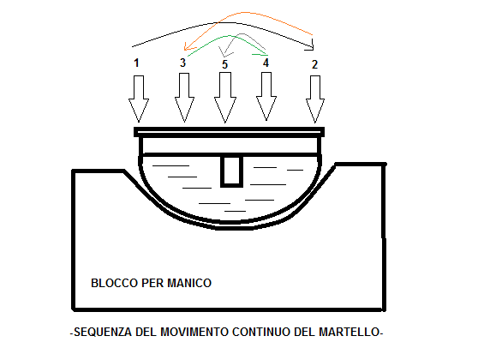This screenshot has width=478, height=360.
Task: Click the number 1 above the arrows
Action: click(x=136, y=63)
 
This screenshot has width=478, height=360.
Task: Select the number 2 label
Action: click(x=315, y=64)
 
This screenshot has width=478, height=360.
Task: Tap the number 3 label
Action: click(x=182, y=63)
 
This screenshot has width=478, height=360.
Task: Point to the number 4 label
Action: click(x=266, y=63)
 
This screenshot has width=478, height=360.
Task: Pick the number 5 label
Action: click(x=224, y=64)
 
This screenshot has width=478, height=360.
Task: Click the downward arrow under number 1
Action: click(x=139, y=99)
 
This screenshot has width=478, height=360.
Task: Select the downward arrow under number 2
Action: click(x=315, y=99)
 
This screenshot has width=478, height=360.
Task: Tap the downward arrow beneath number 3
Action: click(x=184, y=98)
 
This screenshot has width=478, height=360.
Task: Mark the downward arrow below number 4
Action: click(x=266, y=96)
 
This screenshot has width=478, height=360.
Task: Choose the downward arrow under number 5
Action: click(x=225, y=98)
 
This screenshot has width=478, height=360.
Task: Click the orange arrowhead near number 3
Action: click(x=188, y=47)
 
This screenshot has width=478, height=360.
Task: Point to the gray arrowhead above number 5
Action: click(x=224, y=53)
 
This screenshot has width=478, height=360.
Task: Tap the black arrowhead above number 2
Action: click(x=311, y=46)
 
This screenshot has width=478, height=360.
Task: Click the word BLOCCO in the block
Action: click(x=115, y=283)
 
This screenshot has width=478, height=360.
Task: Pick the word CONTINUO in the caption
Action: click(x=261, y=332)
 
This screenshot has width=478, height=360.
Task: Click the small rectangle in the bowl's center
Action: click(x=232, y=171)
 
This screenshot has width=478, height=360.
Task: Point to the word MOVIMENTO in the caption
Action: click(x=194, y=332)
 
